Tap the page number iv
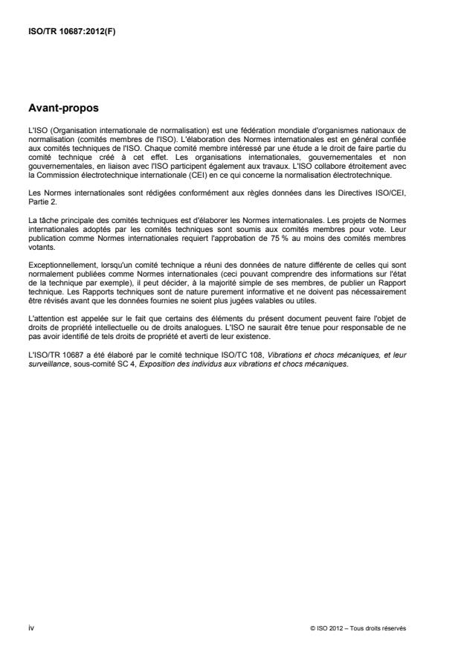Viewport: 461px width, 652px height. coord(31,627)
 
